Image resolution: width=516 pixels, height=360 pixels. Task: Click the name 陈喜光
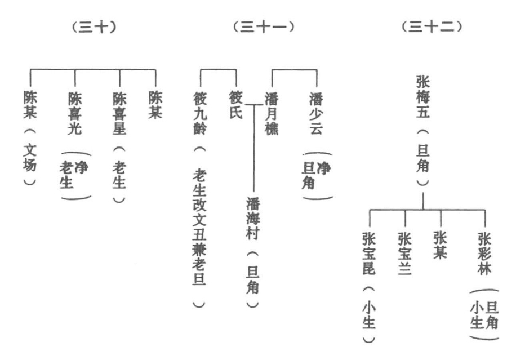[75, 113]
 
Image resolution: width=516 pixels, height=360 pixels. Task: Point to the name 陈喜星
[119, 113]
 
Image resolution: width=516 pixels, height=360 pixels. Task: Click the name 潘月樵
[272, 113]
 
